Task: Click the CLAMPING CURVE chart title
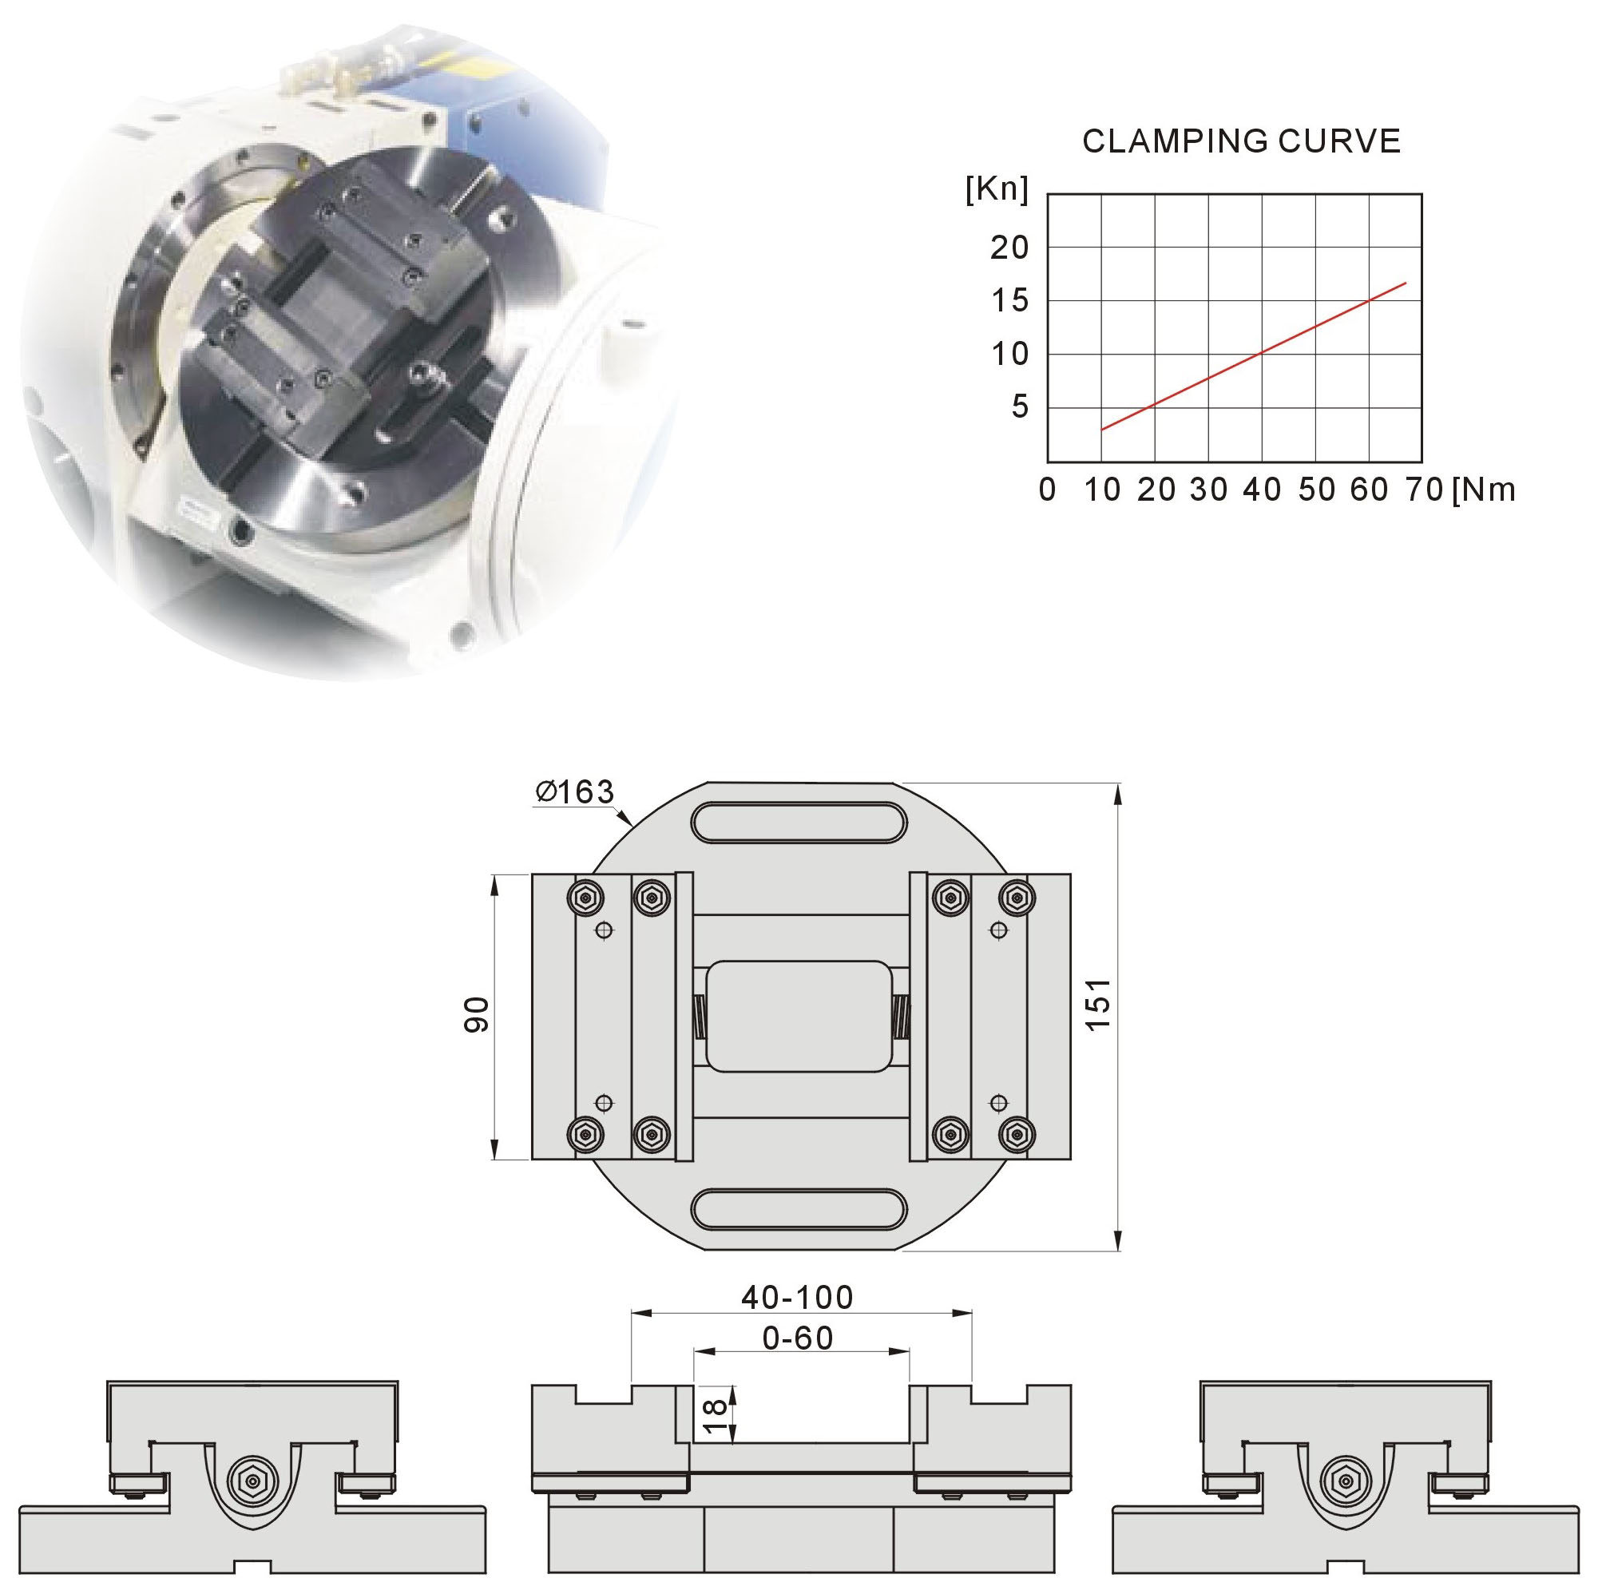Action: (x=1242, y=141)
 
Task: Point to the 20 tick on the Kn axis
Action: (x=1009, y=248)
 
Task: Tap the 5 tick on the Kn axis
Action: (x=1020, y=407)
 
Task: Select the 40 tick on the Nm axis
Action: (x=1262, y=490)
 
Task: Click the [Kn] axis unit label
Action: (x=997, y=189)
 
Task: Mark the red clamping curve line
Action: (x=1254, y=356)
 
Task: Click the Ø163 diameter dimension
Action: (x=575, y=791)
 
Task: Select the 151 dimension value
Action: (x=1098, y=1004)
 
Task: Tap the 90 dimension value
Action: (x=477, y=1015)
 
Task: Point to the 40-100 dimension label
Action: (x=797, y=1298)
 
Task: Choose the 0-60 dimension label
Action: (x=798, y=1338)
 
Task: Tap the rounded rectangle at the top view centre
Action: (x=799, y=1017)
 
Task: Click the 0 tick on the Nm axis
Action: (x=1047, y=490)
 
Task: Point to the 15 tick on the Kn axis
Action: (x=1009, y=300)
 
